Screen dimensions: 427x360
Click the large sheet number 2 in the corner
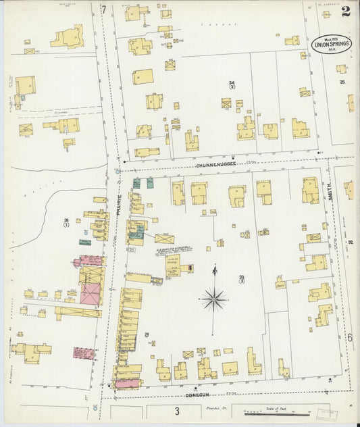click(345, 11)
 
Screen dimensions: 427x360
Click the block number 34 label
click(232, 84)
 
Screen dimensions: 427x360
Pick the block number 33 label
click(242, 278)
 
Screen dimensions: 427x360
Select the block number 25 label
click(342, 82)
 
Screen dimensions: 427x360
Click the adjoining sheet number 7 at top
click(103, 9)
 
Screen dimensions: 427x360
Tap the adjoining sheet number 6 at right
click(350, 337)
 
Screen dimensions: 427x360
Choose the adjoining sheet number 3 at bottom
click(176, 411)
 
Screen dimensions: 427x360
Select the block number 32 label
click(351, 232)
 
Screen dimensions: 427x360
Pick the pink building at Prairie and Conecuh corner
click(126, 384)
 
